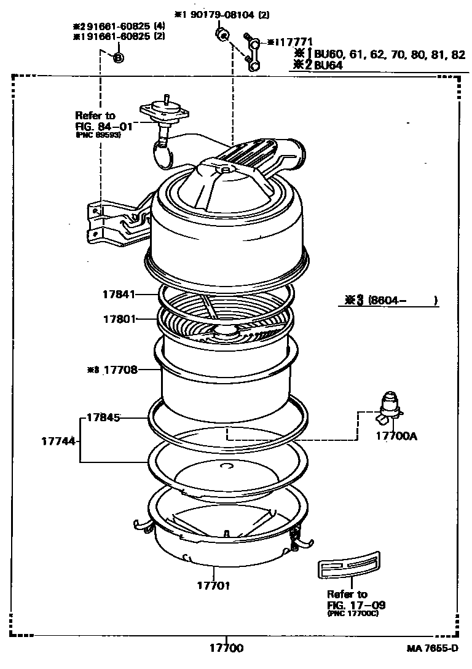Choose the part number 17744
pyautogui.click(x=58, y=440)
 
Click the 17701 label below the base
pyautogui.click(x=214, y=585)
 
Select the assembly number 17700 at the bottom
pyautogui.click(x=226, y=648)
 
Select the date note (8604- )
pyautogui.click(x=403, y=301)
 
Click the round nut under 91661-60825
pyautogui.click(x=119, y=57)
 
